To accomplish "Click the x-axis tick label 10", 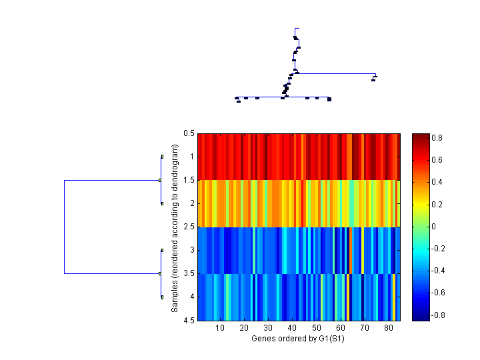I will tap(220, 328).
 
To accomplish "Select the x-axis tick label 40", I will tap(292, 328).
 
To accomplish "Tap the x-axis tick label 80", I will tap(389, 328).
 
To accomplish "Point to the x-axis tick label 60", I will tap(341, 328).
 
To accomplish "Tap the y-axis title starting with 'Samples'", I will tap(175, 227).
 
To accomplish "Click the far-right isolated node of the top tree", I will tap(373, 79).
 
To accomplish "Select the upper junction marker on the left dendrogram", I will tap(160, 180).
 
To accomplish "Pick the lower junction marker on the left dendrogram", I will tap(160, 273).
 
